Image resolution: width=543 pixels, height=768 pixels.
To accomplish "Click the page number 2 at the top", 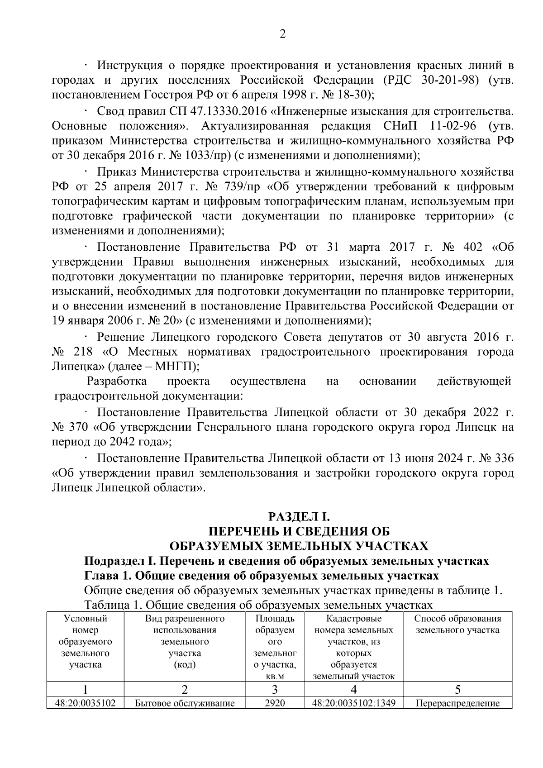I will (282, 35).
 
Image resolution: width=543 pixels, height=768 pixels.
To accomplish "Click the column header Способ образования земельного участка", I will (457, 625).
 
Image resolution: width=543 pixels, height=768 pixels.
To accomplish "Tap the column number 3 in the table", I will (275, 690).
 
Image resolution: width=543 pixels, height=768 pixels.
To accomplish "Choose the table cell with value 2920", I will (275, 704).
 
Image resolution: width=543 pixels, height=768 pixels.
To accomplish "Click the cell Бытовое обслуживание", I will (185, 704).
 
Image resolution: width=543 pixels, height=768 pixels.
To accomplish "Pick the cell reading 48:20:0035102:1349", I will (353, 704).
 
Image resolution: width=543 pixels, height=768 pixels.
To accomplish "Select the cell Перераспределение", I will (457, 704).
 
